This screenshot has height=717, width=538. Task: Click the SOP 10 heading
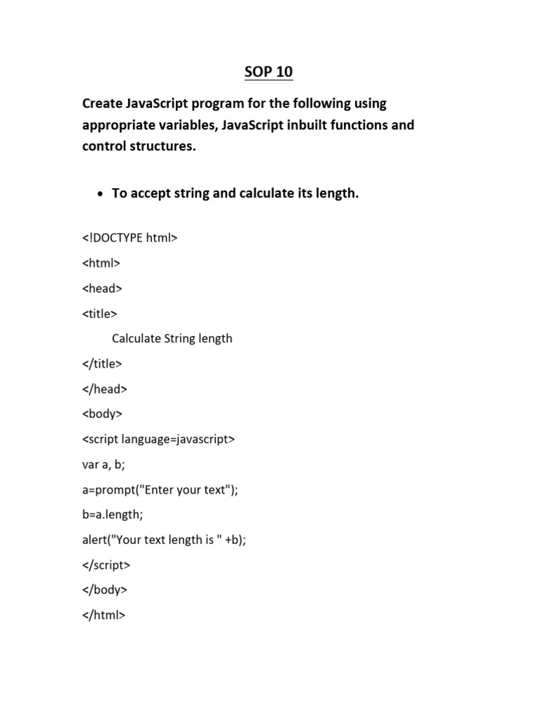tap(268, 72)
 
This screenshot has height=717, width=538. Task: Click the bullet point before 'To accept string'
tap(100, 194)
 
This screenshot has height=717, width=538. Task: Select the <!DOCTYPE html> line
tap(130, 237)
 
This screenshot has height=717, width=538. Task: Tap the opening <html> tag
tap(102, 263)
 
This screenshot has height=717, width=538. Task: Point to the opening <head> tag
tap(102, 288)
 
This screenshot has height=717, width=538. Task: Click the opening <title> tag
tap(99, 313)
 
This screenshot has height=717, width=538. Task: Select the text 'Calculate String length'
tap(172, 338)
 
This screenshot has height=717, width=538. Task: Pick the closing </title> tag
tap(102, 363)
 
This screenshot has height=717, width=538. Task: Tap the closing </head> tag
tap(105, 389)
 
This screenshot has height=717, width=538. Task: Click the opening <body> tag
tap(102, 414)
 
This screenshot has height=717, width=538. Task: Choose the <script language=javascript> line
tap(158, 439)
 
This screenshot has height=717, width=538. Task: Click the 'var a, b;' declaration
tap(104, 464)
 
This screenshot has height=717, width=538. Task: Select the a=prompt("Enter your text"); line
tap(160, 489)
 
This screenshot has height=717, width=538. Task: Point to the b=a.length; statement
tap(113, 515)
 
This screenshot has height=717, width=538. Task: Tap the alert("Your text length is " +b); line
tap(165, 540)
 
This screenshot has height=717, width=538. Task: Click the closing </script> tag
tap(106, 565)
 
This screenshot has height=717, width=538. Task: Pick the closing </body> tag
tap(105, 590)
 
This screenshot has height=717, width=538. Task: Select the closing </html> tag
tap(104, 615)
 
